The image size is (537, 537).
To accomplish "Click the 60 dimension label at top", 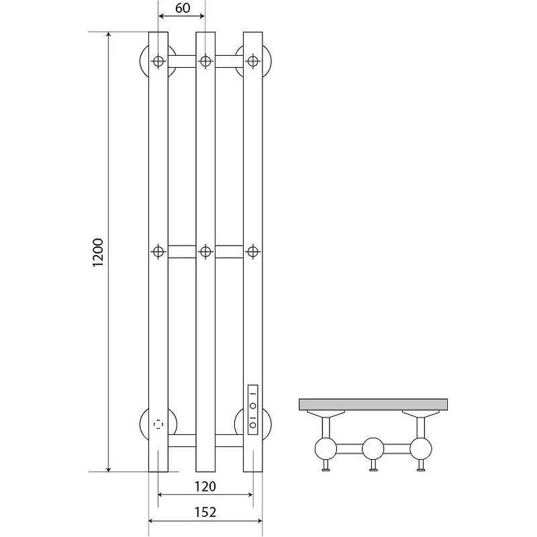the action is click(x=183, y=8).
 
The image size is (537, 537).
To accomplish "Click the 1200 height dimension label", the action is click(x=98, y=252).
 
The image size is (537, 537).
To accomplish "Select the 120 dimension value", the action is click(x=205, y=486).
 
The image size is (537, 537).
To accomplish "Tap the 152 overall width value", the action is click(x=205, y=512).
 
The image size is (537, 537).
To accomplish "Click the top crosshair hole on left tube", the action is click(x=158, y=62).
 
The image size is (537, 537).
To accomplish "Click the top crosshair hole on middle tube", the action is click(x=205, y=62).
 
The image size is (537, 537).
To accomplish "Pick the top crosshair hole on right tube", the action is click(x=253, y=62).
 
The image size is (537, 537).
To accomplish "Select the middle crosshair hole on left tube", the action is click(x=158, y=252).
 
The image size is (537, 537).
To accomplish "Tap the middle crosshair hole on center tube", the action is click(x=205, y=252).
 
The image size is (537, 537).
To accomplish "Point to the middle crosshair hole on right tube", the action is click(x=253, y=252).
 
